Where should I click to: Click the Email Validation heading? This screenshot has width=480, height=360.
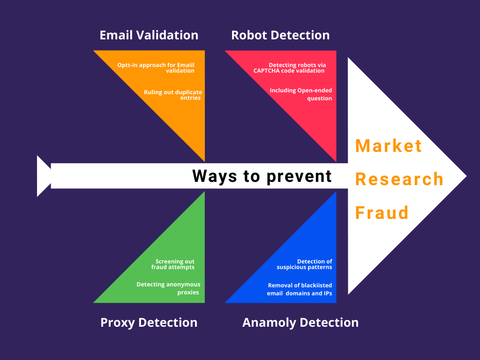pos(149,35)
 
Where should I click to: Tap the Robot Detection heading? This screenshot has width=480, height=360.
pos(280,35)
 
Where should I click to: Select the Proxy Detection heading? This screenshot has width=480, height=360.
pos(149,322)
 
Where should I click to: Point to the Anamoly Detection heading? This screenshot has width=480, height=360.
pos(300,322)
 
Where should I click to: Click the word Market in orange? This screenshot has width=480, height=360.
pos(389,146)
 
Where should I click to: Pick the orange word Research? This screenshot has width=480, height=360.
pos(399,179)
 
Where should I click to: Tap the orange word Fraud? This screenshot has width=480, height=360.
pos(382,213)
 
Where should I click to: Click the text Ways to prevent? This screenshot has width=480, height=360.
pos(262,176)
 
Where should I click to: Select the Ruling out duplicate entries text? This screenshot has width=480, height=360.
pos(173,95)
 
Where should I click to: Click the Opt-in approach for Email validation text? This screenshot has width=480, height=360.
pos(156,67)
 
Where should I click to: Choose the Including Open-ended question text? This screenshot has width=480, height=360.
pos(300,94)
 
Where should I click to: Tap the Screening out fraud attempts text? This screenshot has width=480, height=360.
pos(172,264)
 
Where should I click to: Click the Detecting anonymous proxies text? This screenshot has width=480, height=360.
pos(168,288)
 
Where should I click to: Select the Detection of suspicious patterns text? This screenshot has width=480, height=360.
pos(304,264)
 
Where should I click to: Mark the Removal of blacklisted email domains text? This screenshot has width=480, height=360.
pos(300,289)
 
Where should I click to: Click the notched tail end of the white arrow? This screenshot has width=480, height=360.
pos(51,176)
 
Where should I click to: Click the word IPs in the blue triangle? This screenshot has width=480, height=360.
pos(327,293)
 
